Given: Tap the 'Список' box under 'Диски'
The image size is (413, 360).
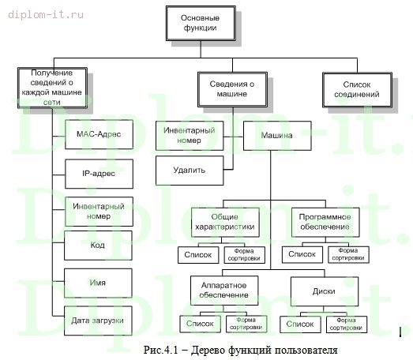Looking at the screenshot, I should tap(300, 324).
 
